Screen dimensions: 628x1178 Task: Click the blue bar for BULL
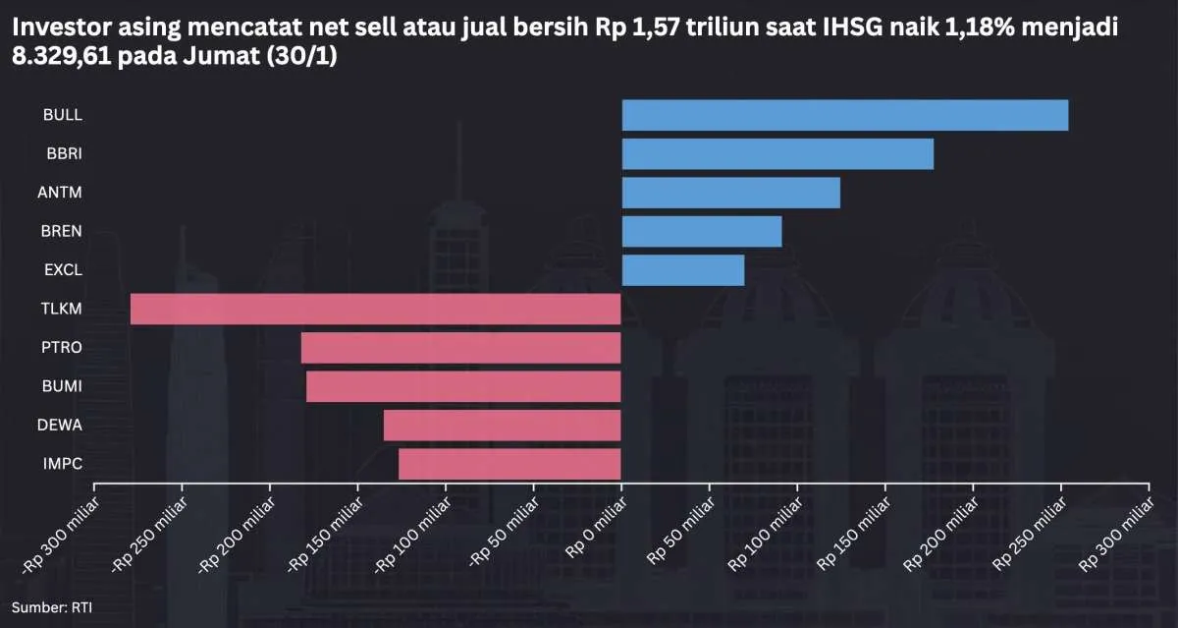pyautogui.click(x=844, y=115)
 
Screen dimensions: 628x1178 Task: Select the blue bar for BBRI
pyautogui.click(x=777, y=154)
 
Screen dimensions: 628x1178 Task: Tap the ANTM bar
pyautogui.click(x=731, y=193)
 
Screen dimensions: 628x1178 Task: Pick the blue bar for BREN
pyautogui.click(x=702, y=231)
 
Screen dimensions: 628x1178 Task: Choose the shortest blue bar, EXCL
pyautogui.click(x=683, y=270)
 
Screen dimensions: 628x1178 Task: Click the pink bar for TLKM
pyautogui.click(x=375, y=309)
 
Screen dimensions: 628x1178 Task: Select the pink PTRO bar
pyautogui.click(x=460, y=348)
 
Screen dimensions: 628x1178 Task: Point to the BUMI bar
pyautogui.click(x=463, y=386)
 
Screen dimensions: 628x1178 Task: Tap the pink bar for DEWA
pyautogui.click(x=502, y=426)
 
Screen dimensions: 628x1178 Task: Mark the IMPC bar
pyautogui.click(x=509, y=464)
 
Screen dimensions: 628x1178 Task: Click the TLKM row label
pyautogui.click(x=63, y=309)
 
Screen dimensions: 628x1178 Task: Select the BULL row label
pyautogui.click(x=63, y=115)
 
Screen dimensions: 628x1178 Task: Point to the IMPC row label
pyautogui.click(x=63, y=464)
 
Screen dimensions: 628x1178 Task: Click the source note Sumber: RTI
pyautogui.click(x=52, y=607)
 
